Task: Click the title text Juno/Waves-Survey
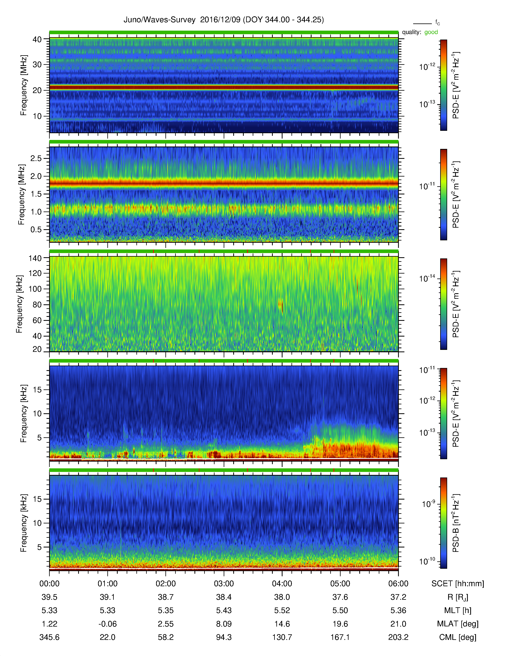point(159,20)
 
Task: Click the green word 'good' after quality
point(431,32)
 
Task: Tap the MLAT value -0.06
point(108,624)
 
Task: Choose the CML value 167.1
point(340,637)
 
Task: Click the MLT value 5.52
point(282,610)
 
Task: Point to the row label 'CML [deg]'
point(458,637)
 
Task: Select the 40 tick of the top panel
point(37,39)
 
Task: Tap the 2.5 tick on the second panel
point(36,158)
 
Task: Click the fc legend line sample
point(422,23)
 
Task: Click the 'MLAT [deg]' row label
point(458,624)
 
